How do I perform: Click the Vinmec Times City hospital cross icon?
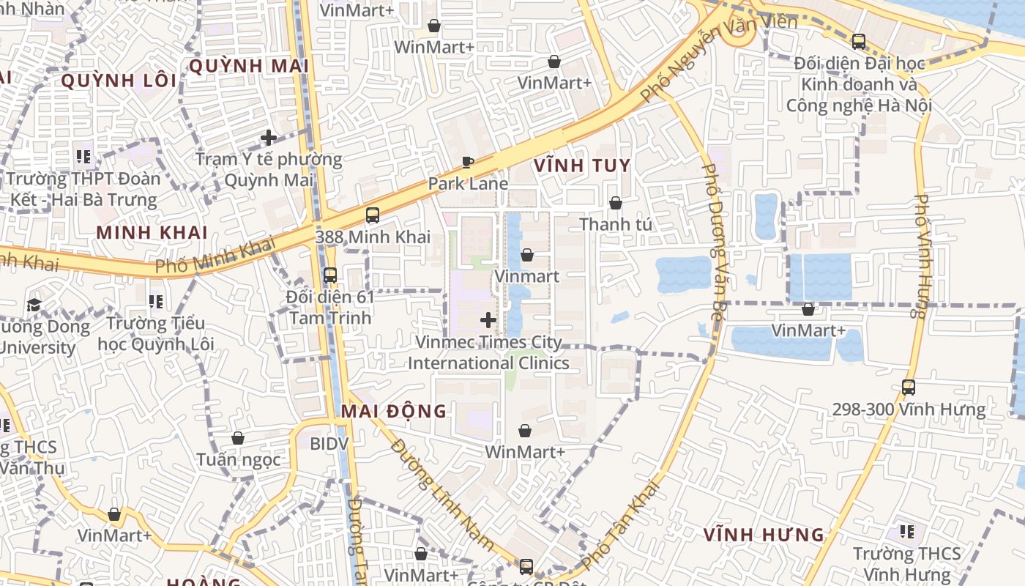[x=488, y=320]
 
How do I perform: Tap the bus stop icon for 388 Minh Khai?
[x=373, y=215]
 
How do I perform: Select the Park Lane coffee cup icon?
[x=468, y=162]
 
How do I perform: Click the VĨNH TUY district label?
[x=582, y=166]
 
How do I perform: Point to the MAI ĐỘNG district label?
[x=394, y=411]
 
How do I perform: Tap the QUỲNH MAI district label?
[x=248, y=66]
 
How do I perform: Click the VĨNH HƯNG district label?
[x=764, y=535]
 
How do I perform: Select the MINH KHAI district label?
[x=152, y=233]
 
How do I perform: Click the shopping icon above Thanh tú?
[x=616, y=203]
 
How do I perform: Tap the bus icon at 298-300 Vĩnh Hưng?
[x=909, y=387]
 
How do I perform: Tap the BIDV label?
[x=329, y=444]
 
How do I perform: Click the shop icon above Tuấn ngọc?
[x=238, y=438]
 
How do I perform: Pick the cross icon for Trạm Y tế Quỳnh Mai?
[x=269, y=137]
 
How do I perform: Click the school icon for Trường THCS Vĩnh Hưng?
[x=907, y=532]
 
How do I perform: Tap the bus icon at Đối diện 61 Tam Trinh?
[x=330, y=275]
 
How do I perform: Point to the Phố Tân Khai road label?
[x=620, y=525]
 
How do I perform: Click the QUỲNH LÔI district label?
[x=119, y=81]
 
